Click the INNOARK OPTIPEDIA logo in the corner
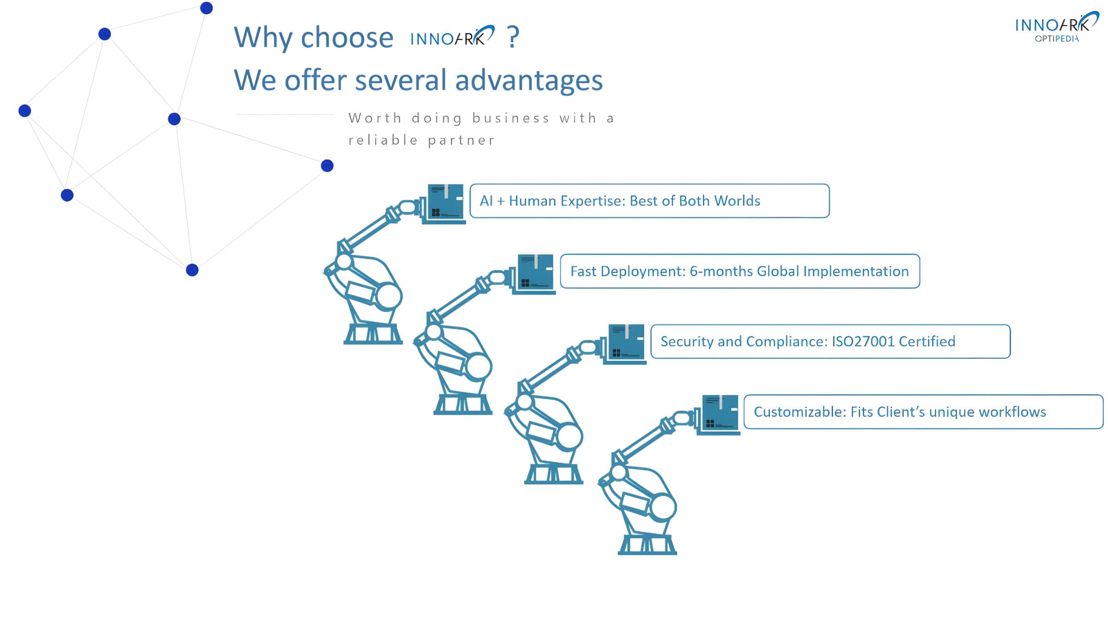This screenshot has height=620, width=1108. [1056, 28]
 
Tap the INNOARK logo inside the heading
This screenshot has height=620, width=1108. [452, 36]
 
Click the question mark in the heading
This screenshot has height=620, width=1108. [513, 37]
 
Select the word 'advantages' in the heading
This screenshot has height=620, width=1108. [529, 81]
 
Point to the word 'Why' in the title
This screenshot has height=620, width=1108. [262, 38]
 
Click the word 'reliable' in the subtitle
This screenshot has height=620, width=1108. [383, 140]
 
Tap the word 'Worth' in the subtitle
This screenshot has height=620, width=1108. [375, 118]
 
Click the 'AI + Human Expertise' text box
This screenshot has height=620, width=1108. [649, 201]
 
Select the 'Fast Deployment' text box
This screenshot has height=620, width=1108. [740, 271]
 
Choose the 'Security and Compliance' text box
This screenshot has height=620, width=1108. [830, 342]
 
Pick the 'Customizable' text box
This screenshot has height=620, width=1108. [923, 412]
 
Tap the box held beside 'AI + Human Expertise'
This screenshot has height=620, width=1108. [445, 203]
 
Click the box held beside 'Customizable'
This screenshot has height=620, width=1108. [719, 414]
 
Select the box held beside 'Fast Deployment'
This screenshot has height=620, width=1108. [535, 273]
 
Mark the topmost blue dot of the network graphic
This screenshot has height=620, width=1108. [206, 8]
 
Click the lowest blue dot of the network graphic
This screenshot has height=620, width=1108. [192, 270]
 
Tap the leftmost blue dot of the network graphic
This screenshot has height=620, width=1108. [24, 111]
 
